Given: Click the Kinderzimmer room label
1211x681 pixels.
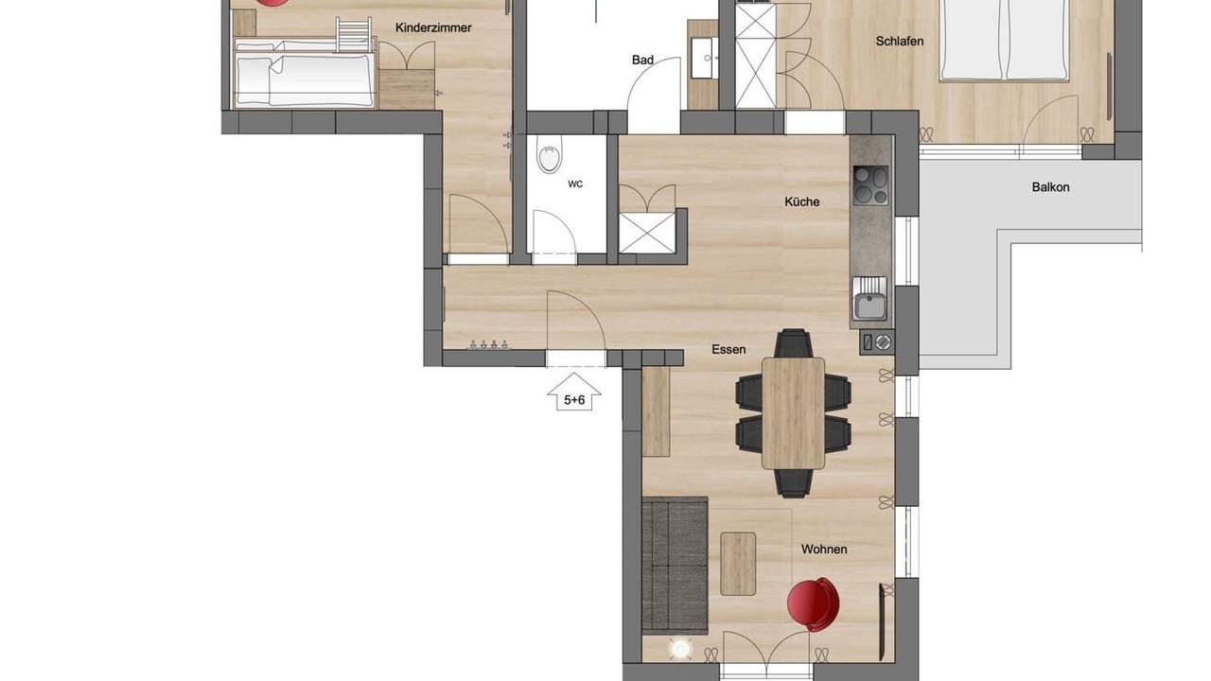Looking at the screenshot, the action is click(433, 27).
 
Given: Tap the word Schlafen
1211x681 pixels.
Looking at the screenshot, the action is click(900, 41).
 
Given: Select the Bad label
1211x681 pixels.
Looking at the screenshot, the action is click(642, 60).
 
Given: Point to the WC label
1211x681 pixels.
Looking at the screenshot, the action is click(575, 184).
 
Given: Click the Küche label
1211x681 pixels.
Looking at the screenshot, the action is click(801, 201).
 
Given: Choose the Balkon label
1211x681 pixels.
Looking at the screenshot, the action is click(1050, 187).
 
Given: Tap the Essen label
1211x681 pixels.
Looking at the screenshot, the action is click(728, 350).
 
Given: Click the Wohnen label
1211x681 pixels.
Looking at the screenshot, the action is click(824, 550).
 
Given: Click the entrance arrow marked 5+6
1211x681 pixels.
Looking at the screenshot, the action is click(574, 392).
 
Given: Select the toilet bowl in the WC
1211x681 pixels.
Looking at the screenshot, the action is click(550, 153).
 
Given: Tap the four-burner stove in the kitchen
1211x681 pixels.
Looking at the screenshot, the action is click(870, 185).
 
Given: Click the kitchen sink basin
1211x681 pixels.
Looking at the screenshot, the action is click(869, 306).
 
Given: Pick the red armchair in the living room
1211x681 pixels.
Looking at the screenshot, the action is click(813, 603).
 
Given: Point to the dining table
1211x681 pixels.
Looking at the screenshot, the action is click(793, 413).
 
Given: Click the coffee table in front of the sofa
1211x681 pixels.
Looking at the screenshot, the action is click(738, 564).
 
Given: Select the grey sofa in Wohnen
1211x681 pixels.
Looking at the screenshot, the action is click(675, 566).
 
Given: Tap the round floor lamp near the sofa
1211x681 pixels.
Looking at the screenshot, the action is click(680, 649).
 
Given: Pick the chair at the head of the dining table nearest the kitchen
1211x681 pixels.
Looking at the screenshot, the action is click(793, 342).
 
